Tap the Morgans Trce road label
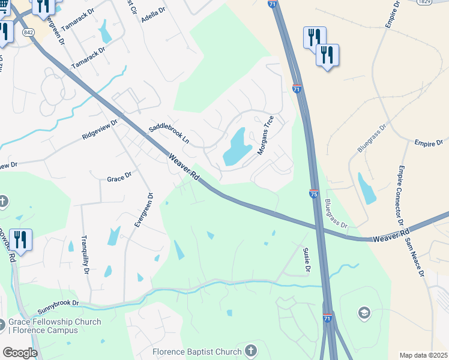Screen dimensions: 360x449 (x=265, y=135)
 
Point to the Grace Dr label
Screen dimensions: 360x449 (x=119, y=179)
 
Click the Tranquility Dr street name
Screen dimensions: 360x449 (x=86, y=255)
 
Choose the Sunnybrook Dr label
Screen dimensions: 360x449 (x=58, y=307)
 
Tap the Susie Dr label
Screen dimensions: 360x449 (x=306, y=260)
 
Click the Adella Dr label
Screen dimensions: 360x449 (x=153, y=14)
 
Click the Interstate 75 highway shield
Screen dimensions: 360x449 (x=313, y=194)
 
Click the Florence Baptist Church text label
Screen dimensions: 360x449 (x=196, y=351)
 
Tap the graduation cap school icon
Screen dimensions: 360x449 (x=364, y=312)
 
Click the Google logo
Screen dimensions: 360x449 (x=20, y=353)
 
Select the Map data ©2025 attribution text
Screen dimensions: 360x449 (x=423, y=355)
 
